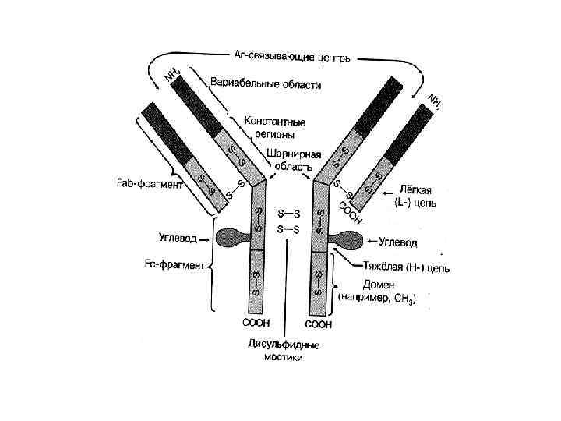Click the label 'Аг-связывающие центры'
click(x=294, y=57)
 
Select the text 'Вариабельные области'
click(x=265, y=83)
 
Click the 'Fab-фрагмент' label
click(x=146, y=184)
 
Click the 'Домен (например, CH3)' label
click(x=377, y=292)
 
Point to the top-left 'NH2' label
click(x=172, y=73)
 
